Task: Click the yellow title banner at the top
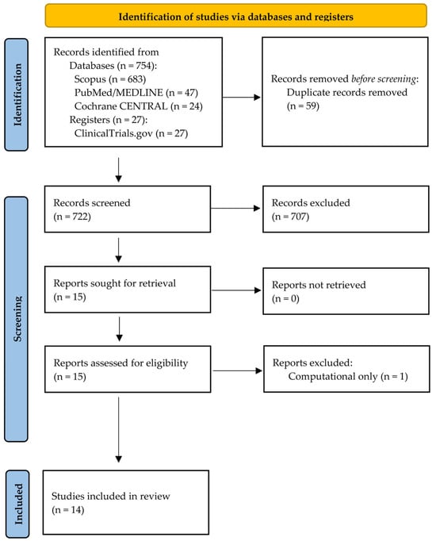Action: tap(235, 16)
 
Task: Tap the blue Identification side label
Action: tap(16, 94)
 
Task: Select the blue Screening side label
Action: tap(16, 319)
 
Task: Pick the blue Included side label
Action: tap(17, 504)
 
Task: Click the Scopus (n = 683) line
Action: tap(110, 79)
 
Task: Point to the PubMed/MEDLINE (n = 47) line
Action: tap(136, 93)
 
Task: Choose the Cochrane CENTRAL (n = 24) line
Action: tap(138, 106)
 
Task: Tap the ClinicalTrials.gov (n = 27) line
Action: tap(131, 133)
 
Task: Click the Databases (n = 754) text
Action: tap(113, 66)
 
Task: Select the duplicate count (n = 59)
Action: tap(303, 106)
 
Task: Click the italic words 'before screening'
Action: tap(384, 79)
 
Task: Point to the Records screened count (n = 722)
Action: tap(72, 217)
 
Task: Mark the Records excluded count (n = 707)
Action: tap(290, 217)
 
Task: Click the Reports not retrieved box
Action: tap(346, 291)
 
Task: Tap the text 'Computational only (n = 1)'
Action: tap(348, 376)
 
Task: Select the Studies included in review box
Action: tap(126, 502)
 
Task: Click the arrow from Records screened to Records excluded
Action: tap(235, 208)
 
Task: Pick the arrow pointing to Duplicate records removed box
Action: tap(242, 98)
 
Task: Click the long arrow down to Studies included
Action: tap(119, 430)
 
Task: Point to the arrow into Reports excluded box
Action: tap(238, 370)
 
